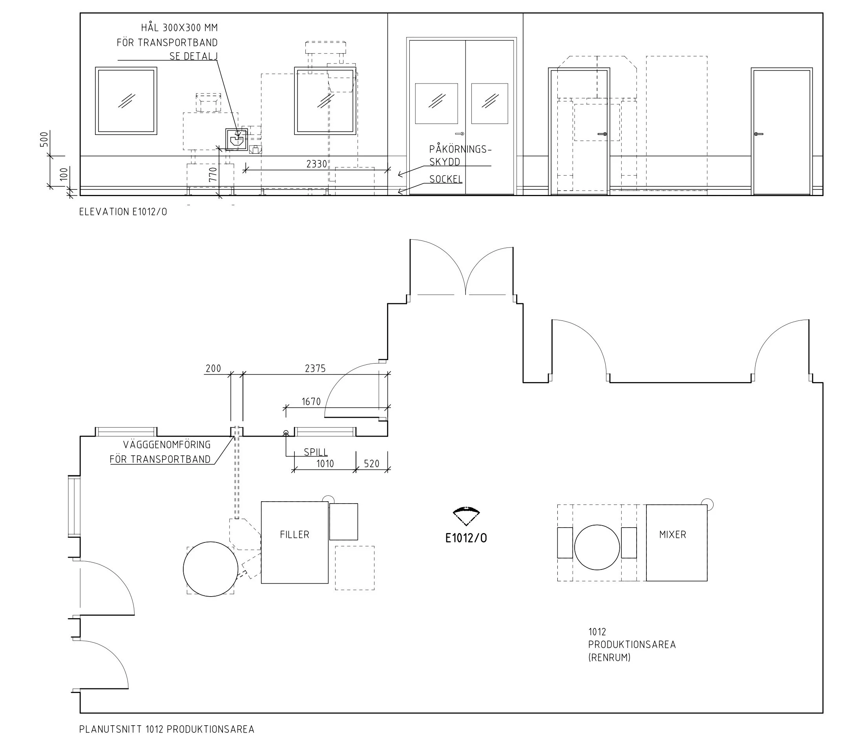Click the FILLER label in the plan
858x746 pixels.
[x=294, y=535]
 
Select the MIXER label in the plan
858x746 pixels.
[x=673, y=535]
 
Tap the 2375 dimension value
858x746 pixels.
[x=315, y=368]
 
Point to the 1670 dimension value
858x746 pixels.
[x=311, y=402]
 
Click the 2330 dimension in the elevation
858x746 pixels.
[x=316, y=164]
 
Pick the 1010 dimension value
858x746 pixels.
[x=325, y=464]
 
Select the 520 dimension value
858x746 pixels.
[x=372, y=464]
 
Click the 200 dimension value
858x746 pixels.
[x=213, y=368]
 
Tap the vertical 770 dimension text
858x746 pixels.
[x=213, y=174]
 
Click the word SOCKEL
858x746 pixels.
[x=446, y=179]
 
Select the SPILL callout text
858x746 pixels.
[x=316, y=452]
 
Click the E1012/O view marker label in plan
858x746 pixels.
[x=466, y=538]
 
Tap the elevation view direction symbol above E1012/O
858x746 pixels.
[x=466, y=515]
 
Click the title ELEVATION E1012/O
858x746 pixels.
[x=123, y=212]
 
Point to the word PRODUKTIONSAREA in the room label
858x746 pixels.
[x=632, y=644]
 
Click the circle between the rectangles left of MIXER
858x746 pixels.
[x=597, y=547]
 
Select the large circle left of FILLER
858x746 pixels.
[x=211, y=569]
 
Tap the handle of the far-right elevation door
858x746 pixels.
[x=758, y=134]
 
